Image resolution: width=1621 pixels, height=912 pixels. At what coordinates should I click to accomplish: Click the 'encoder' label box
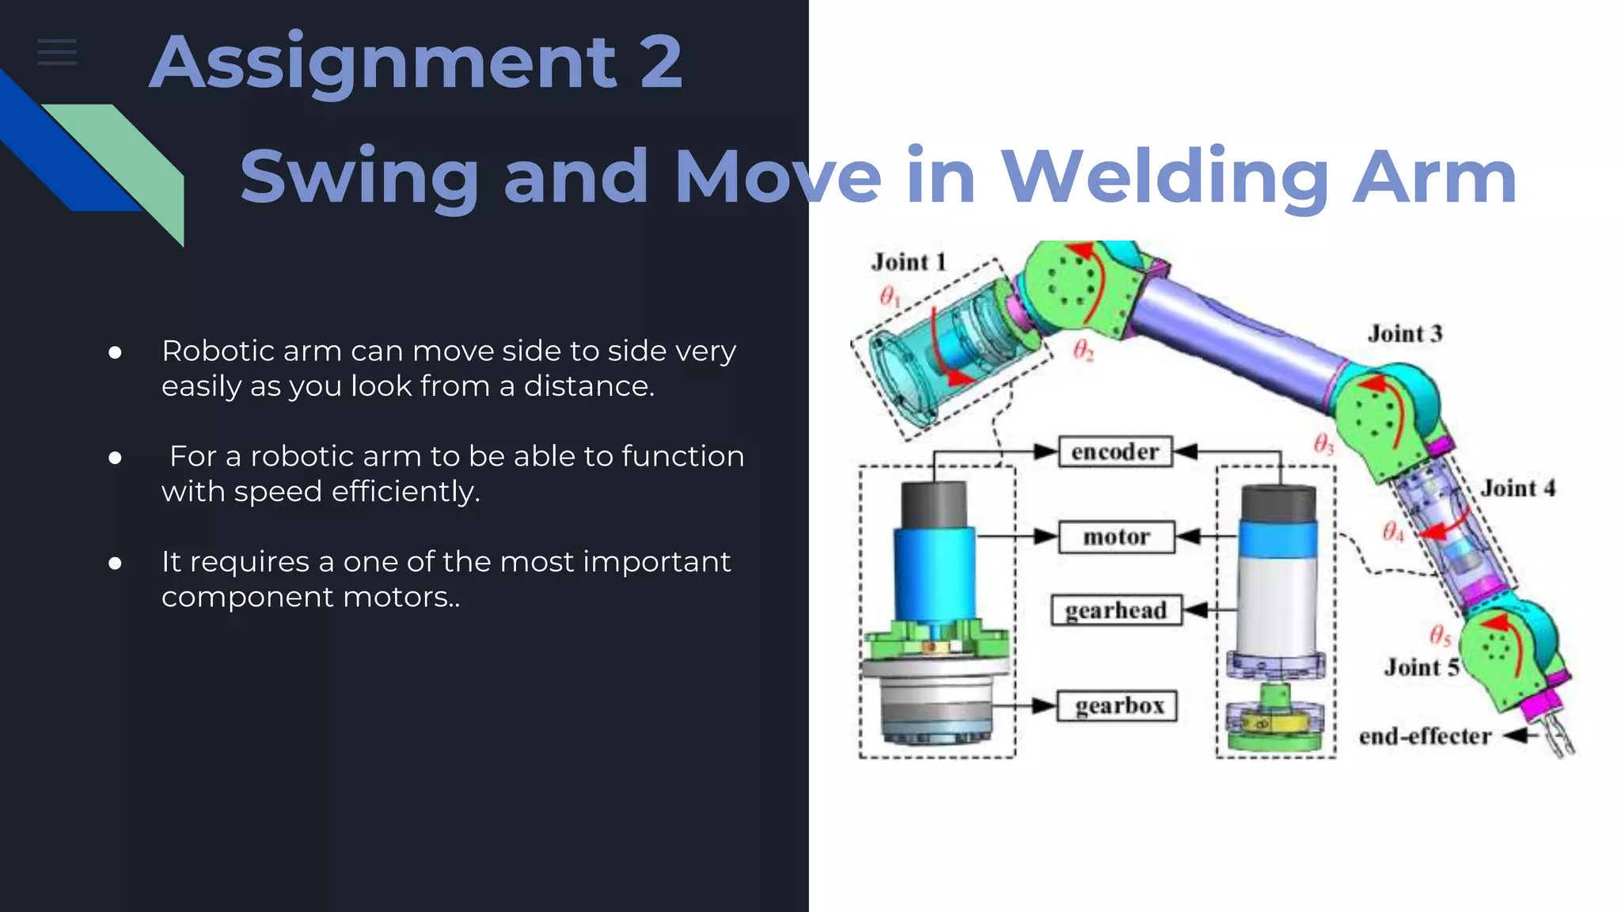coord(1115,451)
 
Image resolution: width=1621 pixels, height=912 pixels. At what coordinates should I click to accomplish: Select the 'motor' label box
coord(1116,537)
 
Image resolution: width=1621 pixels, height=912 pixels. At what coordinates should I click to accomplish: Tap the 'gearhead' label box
coord(1116,610)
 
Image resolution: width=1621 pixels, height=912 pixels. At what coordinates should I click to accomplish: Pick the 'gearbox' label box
coord(1118,705)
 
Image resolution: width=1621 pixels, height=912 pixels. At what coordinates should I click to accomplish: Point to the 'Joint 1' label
coord(909,262)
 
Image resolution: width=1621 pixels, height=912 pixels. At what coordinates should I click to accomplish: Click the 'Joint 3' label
coord(1405,334)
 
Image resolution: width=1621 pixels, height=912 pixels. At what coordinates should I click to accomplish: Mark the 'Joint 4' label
coord(1518,488)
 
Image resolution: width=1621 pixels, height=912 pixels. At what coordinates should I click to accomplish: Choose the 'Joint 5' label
coord(1422,667)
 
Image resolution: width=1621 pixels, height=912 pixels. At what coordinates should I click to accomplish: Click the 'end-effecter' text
coord(1425,737)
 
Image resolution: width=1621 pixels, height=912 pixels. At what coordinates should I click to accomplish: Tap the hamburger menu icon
coord(57,52)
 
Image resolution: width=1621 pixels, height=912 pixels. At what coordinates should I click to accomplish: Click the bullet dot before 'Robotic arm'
coord(116,352)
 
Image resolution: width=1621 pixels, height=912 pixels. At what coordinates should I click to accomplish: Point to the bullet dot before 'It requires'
coord(116,563)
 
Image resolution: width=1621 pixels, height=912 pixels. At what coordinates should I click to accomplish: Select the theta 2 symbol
coord(1083,350)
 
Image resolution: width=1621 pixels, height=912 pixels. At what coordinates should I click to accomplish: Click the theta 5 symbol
coord(1440,635)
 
